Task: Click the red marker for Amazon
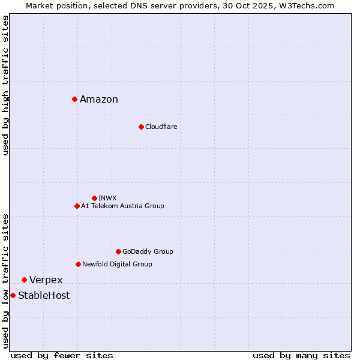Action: pos(74,99)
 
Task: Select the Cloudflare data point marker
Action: pos(141,127)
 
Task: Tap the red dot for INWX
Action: pos(94,198)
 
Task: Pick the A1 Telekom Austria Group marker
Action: pos(77,206)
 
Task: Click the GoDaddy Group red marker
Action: pos(118,251)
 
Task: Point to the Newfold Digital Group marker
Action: pos(78,264)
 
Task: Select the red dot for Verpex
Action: pos(24,280)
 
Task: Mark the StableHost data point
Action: pos(13,295)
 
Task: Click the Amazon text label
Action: pos(99,100)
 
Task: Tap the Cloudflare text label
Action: pos(161,127)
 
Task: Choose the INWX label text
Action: pos(107,198)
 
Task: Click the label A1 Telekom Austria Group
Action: pos(122,206)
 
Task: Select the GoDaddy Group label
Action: pos(148,251)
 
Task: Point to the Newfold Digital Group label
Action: pos(117,264)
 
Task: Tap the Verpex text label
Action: pos(46,280)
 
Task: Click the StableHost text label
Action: pos(44,296)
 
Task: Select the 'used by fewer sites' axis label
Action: pos(62,355)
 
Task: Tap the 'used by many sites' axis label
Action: pos(301,355)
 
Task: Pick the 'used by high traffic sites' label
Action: pos(6,85)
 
